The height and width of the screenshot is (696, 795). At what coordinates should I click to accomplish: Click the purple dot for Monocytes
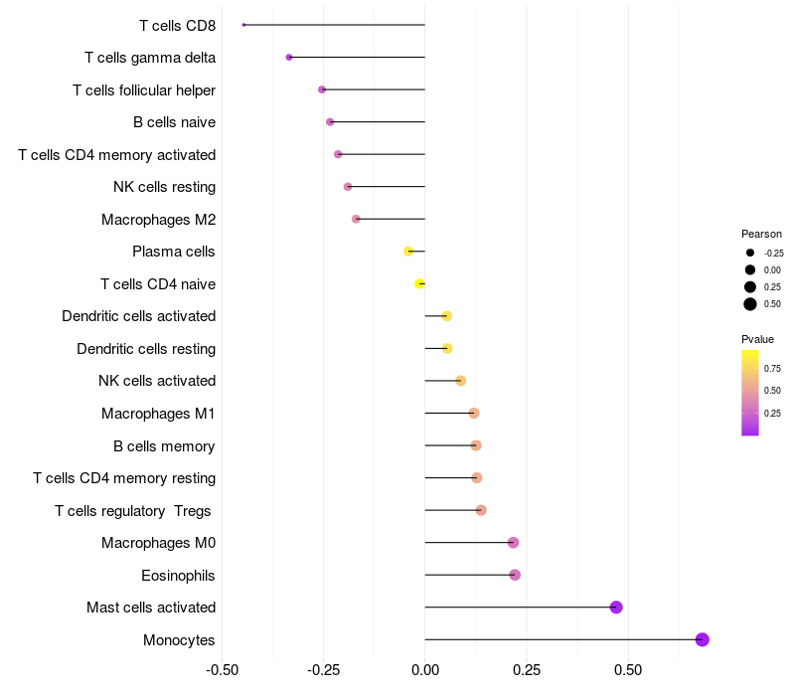pyautogui.click(x=703, y=639)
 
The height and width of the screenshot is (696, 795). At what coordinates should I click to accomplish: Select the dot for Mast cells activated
pyautogui.click(x=616, y=607)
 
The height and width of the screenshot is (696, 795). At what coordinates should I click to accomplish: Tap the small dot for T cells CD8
pyautogui.click(x=243, y=25)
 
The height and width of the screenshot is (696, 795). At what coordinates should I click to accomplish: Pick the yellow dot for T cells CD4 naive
pyautogui.click(x=419, y=283)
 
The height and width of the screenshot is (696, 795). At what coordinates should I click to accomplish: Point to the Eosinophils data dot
pyautogui.click(x=515, y=575)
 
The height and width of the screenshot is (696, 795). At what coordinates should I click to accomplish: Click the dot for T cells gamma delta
pyautogui.click(x=289, y=57)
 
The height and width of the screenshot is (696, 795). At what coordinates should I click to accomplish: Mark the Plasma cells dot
pyautogui.click(x=408, y=252)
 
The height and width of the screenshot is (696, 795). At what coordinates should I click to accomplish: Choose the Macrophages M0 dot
pyautogui.click(x=513, y=542)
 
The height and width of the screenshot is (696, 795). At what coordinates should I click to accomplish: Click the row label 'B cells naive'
pyautogui.click(x=174, y=122)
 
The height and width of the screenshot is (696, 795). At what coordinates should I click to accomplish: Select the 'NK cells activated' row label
pyautogui.click(x=157, y=381)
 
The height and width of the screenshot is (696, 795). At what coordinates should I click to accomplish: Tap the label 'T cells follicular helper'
pyautogui.click(x=144, y=90)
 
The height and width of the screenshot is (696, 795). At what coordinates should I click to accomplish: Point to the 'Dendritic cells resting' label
pyautogui.click(x=146, y=349)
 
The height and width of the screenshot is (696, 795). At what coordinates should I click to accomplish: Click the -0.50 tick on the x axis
pyautogui.click(x=222, y=670)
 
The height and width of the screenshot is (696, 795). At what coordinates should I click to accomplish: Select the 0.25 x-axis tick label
pyautogui.click(x=527, y=670)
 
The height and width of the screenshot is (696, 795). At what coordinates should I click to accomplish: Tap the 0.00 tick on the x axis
pyautogui.click(x=424, y=670)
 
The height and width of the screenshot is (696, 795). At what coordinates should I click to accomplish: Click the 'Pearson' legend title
pyautogui.click(x=761, y=234)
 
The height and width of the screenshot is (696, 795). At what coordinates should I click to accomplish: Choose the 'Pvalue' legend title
pyautogui.click(x=757, y=339)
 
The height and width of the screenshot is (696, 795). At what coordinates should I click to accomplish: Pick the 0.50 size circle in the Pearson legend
pyautogui.click(x=750, y=304)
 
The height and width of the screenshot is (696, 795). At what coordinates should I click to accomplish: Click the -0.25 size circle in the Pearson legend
pyautogui.click(x=750, y=253)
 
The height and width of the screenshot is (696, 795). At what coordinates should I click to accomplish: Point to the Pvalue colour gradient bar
pyautogui.click(x=750, y=393)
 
